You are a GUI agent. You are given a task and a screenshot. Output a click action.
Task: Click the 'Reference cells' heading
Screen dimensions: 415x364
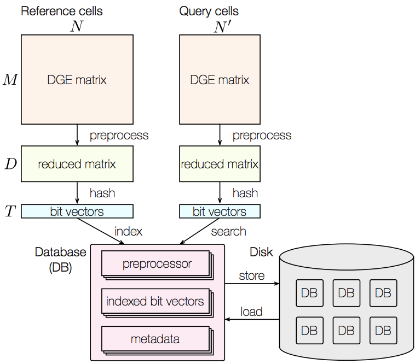[x=62, y=11]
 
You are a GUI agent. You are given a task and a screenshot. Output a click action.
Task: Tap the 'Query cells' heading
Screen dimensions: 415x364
[x=209, y=11]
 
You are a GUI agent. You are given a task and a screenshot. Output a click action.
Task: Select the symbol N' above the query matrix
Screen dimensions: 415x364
[x=222, y=27]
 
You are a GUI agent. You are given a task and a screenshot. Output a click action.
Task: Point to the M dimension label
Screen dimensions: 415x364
[x=10, y=79]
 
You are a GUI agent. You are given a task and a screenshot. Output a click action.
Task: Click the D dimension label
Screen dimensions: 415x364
[x=11, y=164]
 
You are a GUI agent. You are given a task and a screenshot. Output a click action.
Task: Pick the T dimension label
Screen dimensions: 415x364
[x=10, y=211]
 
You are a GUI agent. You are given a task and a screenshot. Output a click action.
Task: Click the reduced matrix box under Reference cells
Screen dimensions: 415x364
[x=77, y=164]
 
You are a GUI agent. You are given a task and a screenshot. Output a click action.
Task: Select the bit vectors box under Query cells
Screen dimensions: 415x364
[x=220, y=212]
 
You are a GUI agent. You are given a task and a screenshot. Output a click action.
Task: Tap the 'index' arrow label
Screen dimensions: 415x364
[x=128, y=231]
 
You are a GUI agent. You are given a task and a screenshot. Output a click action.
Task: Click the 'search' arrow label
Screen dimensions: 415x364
[x=229, y=231]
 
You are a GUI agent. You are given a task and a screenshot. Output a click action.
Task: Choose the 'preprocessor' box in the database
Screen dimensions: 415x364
[x=157, y=265]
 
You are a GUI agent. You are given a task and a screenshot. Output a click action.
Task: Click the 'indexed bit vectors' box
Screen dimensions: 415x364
[x=157, y=303]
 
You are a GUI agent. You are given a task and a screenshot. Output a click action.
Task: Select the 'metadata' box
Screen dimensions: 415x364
[x=157, y=340]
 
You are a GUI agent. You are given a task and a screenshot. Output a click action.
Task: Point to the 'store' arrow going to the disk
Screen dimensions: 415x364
[x=252, y=284]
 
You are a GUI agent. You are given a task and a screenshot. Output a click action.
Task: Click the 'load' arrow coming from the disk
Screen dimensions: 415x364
[x=252, y=319]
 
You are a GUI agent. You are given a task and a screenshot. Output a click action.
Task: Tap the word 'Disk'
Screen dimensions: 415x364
[x=261, y=252]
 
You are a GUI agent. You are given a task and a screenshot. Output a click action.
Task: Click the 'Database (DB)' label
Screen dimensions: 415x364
[x=61, y=260]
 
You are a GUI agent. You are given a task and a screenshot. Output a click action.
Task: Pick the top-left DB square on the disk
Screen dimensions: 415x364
[x=309, y=293]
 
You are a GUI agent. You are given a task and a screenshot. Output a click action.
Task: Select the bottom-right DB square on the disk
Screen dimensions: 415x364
[x=383, y=331]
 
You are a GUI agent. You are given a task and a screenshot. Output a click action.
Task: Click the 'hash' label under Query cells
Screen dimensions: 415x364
[x=245, y=193]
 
